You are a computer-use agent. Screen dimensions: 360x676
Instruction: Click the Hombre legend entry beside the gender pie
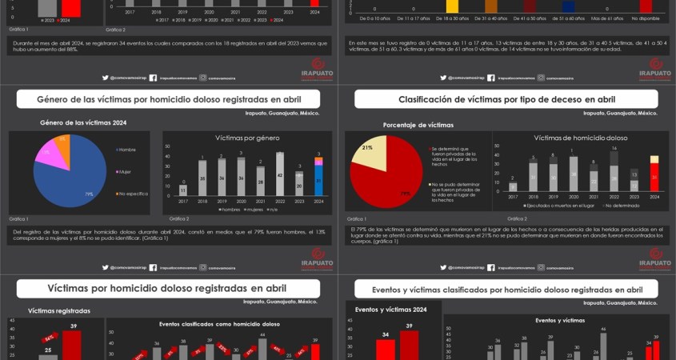[x=126, y=150]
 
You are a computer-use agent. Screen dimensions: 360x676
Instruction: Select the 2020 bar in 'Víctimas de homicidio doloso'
[x=572, y=174]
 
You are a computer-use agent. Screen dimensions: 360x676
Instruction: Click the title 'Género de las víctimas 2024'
[x=83, y=122]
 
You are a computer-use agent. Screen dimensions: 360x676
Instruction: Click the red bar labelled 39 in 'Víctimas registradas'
[x=72, y=345]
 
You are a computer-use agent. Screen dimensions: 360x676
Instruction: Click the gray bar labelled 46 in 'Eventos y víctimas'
[x=603, y=345]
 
